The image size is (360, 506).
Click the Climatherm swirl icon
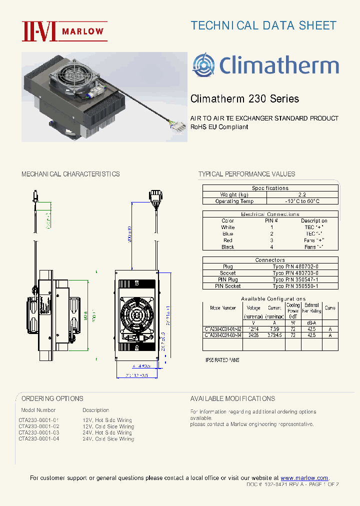click(204, 65)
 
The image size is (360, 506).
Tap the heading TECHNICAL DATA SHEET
click(263, 25)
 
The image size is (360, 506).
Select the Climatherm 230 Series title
click(244, 98)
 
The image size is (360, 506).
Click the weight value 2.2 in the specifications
click(301, 194)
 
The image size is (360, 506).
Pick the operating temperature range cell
click(301, 201)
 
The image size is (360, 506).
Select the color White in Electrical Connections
click(228, 227)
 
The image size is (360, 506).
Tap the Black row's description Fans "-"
click(314, 247)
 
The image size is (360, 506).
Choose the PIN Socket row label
click(228, 286)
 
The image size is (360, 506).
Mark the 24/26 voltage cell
click(253, 335)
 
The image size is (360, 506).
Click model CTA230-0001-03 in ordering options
click(38, 432)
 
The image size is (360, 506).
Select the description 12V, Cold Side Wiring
click(108, 426)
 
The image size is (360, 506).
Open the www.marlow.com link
click(304, 478)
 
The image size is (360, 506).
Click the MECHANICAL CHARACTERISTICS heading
click(70, 174)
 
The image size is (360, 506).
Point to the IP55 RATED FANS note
click(223, 360)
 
